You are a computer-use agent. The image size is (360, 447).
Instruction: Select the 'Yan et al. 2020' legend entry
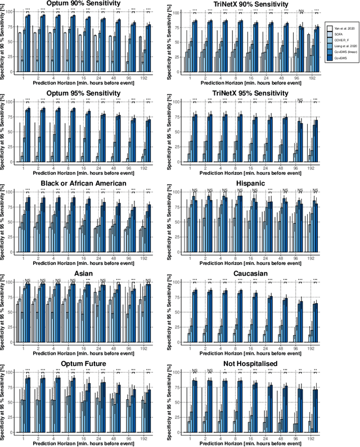coord(340,28)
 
